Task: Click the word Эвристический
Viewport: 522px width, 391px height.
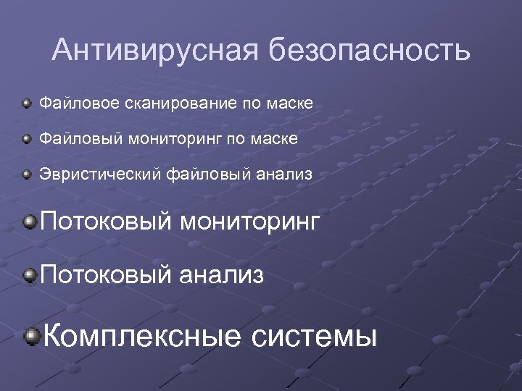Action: tap(101, 174)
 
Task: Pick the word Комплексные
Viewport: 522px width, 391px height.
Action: tap(142, 336)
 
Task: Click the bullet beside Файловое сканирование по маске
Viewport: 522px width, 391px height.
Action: tap(26, 104)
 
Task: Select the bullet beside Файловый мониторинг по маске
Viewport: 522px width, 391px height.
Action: tap(26, 138)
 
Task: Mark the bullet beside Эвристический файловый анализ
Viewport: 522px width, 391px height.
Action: tap(26, 174)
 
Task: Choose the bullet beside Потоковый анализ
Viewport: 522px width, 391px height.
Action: tap(30, 274)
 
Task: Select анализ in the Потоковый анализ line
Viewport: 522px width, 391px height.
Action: tap(222, 275)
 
